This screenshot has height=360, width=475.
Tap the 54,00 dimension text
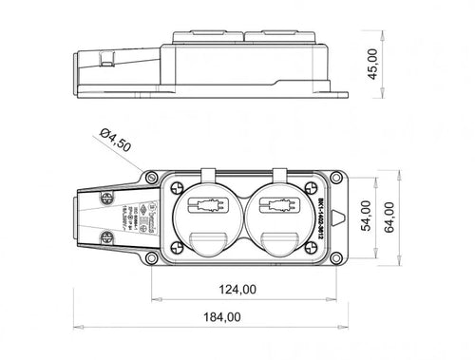coord(363,219)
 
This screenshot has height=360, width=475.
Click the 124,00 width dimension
coord(235,289)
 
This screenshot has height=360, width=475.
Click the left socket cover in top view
coord(210,220)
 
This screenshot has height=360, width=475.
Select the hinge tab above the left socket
coord(210,174)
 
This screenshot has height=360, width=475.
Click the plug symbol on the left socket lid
coord(210,205)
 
